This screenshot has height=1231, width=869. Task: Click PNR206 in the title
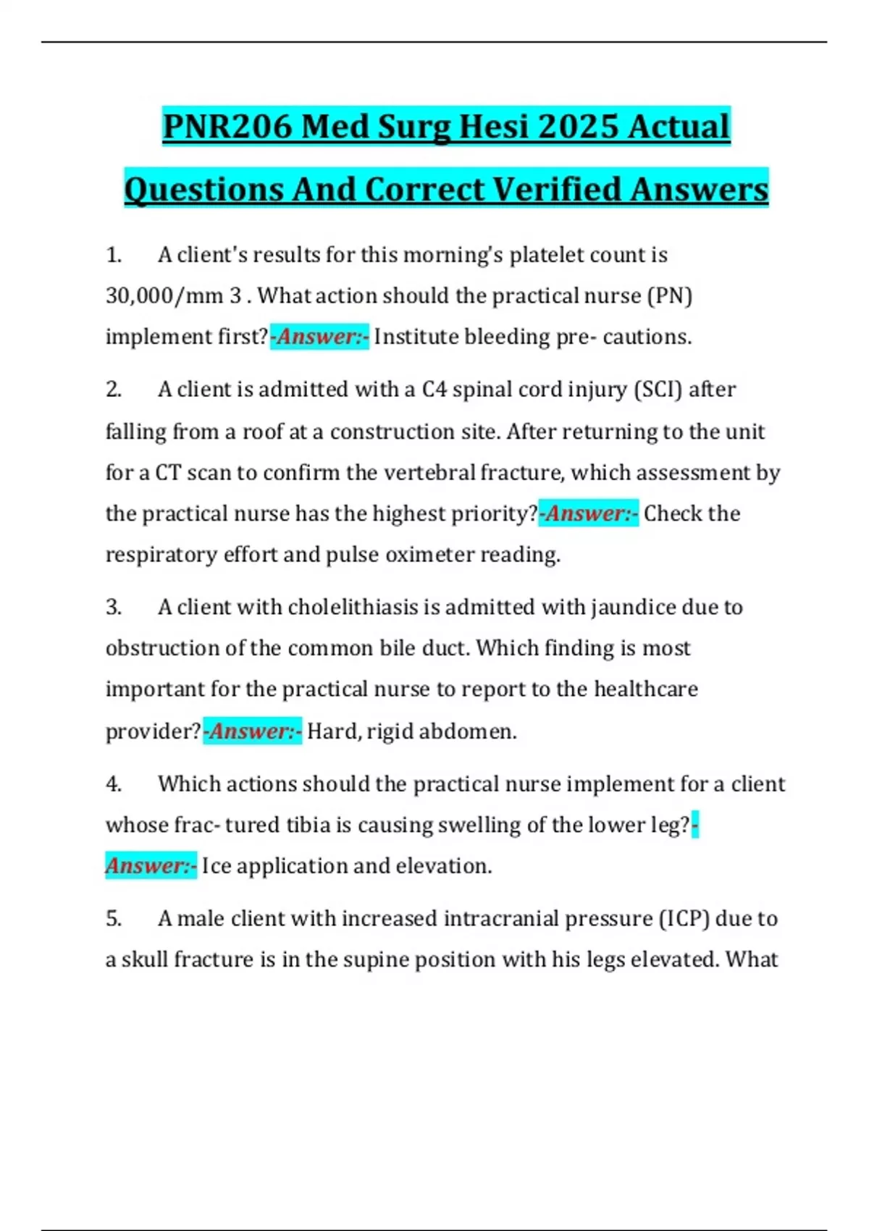pos(227,127)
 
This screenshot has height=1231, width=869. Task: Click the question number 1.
pos(113,255)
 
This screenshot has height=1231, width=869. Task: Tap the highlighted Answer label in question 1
pos(320,337)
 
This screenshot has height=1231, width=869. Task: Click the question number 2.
pos(113,390)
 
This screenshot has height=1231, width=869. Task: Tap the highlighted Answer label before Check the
pos(589,513)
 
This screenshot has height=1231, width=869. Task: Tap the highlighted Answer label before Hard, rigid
pos(253,731)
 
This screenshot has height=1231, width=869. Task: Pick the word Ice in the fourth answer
pos(217,866)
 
